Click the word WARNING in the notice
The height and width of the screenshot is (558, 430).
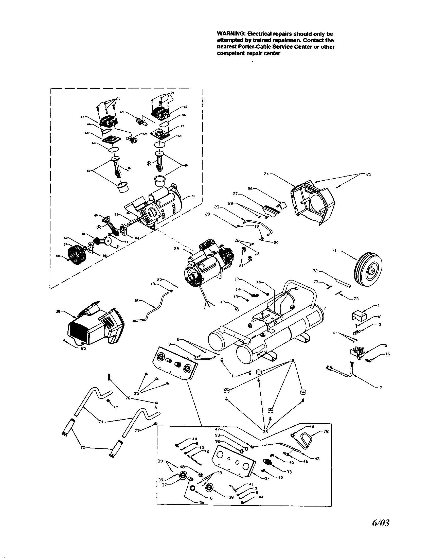[228, 34]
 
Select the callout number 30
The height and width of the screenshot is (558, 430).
[58, 311]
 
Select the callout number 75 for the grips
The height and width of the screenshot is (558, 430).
[83, 447]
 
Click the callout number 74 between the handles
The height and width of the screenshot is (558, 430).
[101, 422]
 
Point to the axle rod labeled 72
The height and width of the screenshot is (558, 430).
[339, 282]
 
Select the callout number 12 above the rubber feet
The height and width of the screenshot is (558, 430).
[292, 360]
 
